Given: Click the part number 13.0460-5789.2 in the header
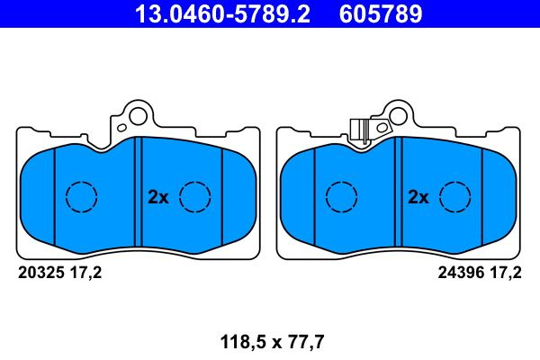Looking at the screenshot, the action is tap(223, 13).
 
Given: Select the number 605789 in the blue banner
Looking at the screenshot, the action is tap(381, 13).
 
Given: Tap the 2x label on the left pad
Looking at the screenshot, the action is tap(158, 197).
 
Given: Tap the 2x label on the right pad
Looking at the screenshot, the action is tap(418, 197).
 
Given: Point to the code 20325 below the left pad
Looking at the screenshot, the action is tap(41, 273).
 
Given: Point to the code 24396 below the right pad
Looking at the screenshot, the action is tap(461, 273).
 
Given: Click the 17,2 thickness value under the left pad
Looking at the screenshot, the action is tap(85, 274).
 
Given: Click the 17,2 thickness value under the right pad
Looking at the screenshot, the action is tap(506, 274).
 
